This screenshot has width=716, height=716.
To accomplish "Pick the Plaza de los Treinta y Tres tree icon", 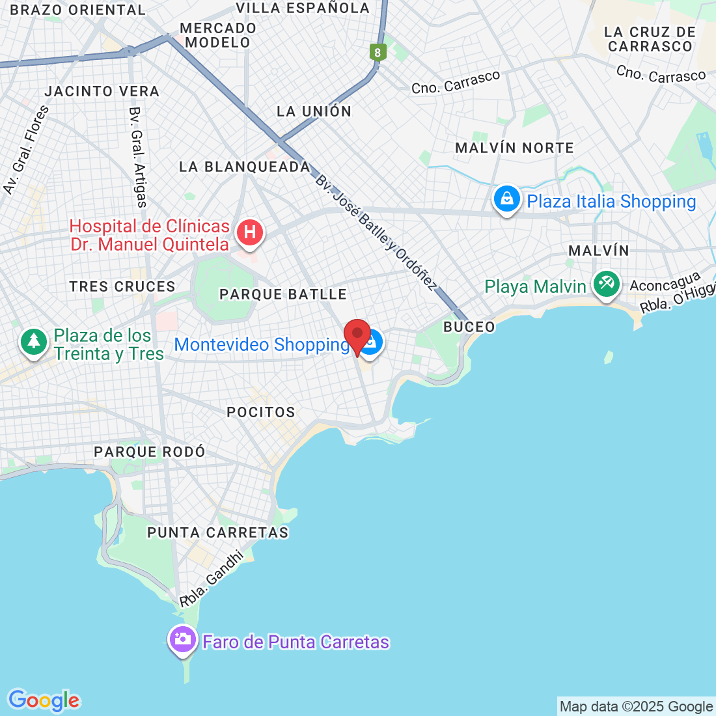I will [34, 341].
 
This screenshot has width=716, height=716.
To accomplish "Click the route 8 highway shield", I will [378, 52].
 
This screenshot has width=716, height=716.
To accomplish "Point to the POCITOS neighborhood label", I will [261, 412].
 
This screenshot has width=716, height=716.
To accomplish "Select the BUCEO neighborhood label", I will [469, 327].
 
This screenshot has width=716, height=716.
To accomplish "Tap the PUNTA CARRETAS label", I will [217, 532].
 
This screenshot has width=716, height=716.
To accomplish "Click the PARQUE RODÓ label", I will [149, 452].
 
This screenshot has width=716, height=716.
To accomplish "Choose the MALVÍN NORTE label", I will [514, 148].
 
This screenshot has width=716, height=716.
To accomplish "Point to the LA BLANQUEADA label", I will [245, 167].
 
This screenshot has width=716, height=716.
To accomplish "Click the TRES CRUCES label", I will [122, 286].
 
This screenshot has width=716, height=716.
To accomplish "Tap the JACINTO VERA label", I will [102, 91].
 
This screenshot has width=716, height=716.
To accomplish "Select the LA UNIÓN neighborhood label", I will [314, 111].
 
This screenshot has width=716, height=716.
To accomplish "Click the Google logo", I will [44, 700].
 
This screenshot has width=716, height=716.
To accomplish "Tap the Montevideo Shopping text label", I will [262, 344].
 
